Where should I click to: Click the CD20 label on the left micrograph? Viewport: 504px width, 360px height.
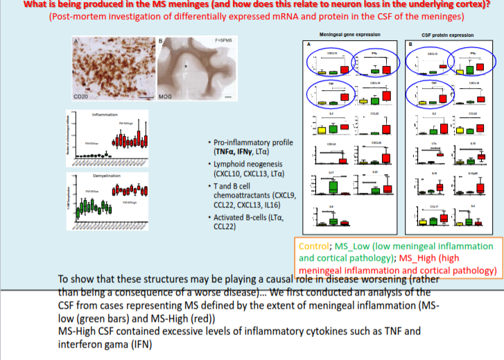coord(81,97)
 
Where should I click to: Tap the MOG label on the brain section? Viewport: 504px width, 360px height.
coord(165,97)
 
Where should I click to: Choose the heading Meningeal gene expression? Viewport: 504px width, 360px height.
coord(344,33)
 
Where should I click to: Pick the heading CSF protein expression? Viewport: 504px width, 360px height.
coord(447,34)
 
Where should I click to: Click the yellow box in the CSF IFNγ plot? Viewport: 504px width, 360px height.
coord(460,71)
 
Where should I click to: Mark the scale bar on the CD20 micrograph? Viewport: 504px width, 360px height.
coord(141,96)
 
